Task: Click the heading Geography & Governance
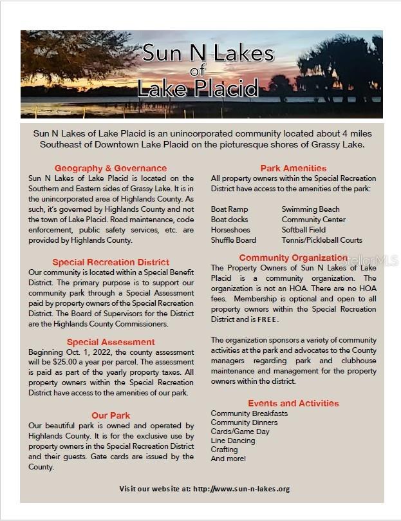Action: (x=111, y=168)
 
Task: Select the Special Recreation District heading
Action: (x=111, y=262)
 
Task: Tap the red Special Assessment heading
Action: (x=111, y=342)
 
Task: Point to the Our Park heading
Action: (x=111, y=415)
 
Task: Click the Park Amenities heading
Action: (x=293, y=168)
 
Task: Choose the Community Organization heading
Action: (x=293, y=258)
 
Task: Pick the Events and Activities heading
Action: (x=293, y=403)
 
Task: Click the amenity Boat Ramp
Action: (x=229, y=209)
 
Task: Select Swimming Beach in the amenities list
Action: (x=310, y=209)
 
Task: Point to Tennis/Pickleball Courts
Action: (x=322, y=240)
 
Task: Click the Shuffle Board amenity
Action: (x=233, y=240)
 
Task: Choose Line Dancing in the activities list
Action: (x=233, y=440)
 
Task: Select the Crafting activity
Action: (x=224, y=450)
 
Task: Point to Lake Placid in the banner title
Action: (x=201, y=86)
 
